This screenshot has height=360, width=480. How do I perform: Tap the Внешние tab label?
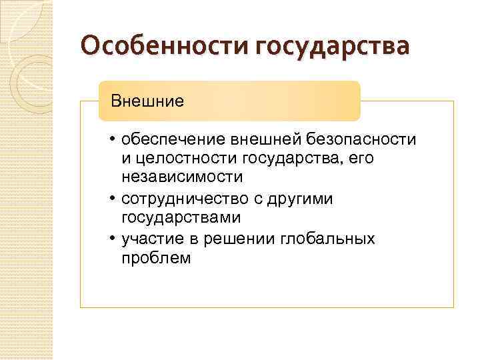point(147,101)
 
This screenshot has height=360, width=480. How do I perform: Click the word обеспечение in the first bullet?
point(173,139)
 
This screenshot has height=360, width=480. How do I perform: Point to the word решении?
point(239,239)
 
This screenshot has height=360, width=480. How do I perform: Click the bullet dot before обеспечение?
point(114,139)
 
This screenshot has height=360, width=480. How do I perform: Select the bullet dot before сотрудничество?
point(114,199)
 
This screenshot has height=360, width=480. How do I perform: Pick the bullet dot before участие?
point(114,239)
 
